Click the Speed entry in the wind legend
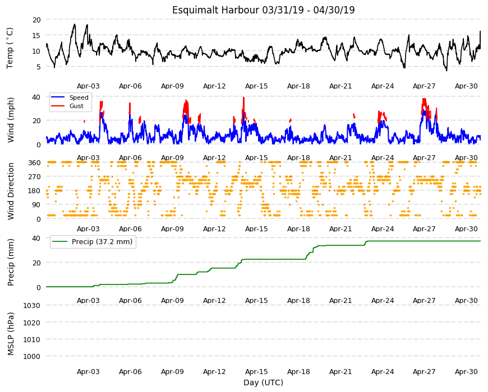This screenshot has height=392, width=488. tap(79, 97)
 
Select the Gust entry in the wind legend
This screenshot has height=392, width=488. tap(76, 106)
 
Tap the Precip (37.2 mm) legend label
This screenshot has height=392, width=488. tap(102, 242)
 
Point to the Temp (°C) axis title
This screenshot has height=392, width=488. tap(10, 48)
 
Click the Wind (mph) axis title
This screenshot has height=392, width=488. tap(11, 120)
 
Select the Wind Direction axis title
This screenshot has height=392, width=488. tap(11, 192)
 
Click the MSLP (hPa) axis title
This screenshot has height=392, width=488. tap(11, 333)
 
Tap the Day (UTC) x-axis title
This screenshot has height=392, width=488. tap(263, 382)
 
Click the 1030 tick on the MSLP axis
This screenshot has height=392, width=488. tap(32, 305)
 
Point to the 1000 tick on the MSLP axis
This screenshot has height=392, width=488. tap(32, 356)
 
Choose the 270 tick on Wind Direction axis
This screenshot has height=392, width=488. tap(34, 177)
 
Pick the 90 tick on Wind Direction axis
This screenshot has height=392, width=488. tap(36, 205)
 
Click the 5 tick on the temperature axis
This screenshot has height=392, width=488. tap(39, 67)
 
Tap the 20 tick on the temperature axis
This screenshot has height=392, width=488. tap(36, 20)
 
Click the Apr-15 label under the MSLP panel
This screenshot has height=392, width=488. tap(256, 371)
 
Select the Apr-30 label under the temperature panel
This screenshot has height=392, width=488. tap(466, 86)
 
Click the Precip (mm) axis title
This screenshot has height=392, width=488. tap(11, 263)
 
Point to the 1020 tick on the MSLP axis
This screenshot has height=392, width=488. tap(32, 323)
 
